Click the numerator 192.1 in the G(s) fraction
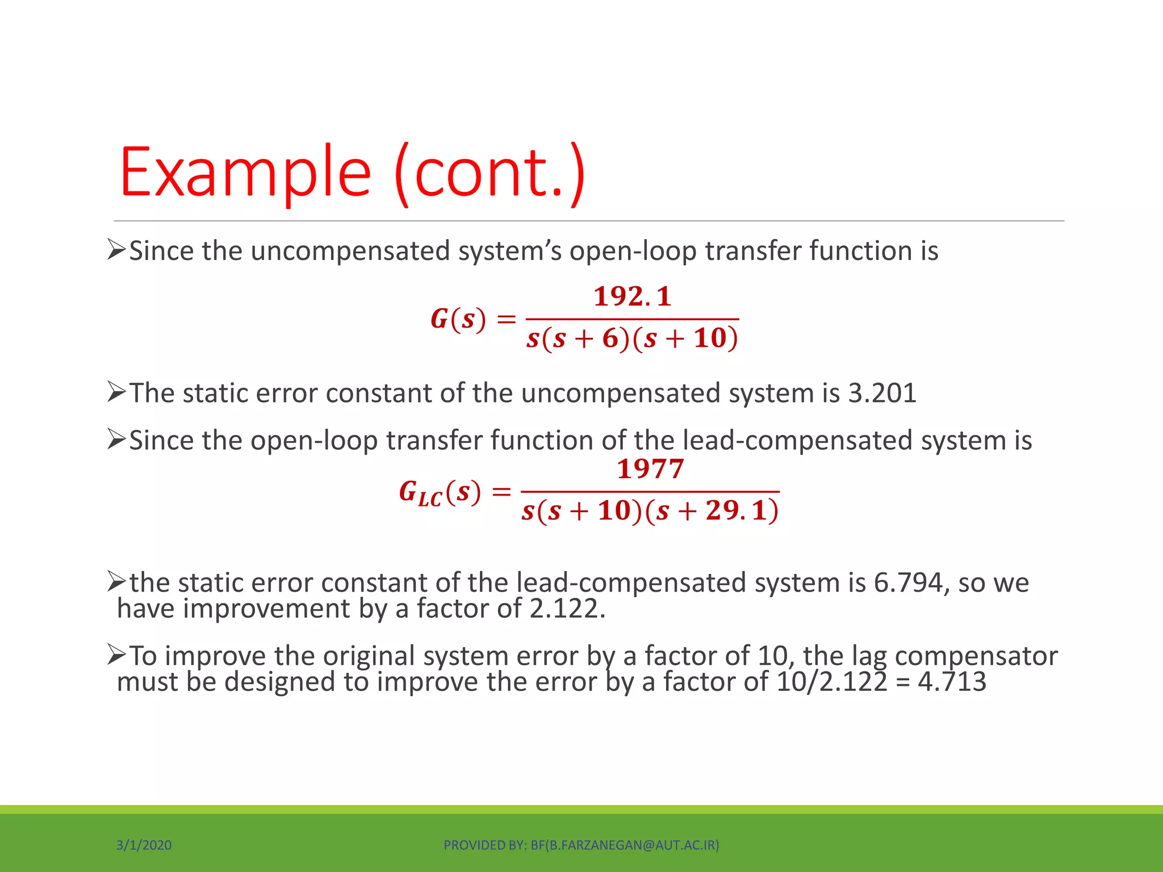point(632,296)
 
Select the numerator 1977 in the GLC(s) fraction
point(650,469)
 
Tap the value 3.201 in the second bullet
point(882,393)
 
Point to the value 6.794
point(908,582)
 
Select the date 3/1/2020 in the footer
point(144,845)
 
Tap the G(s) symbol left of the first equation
point(458,319)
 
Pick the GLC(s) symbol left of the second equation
point(440,492)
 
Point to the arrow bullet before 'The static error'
point(116,392)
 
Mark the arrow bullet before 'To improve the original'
point(116,655)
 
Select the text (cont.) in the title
point(489,173)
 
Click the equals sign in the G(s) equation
point(506,320)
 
